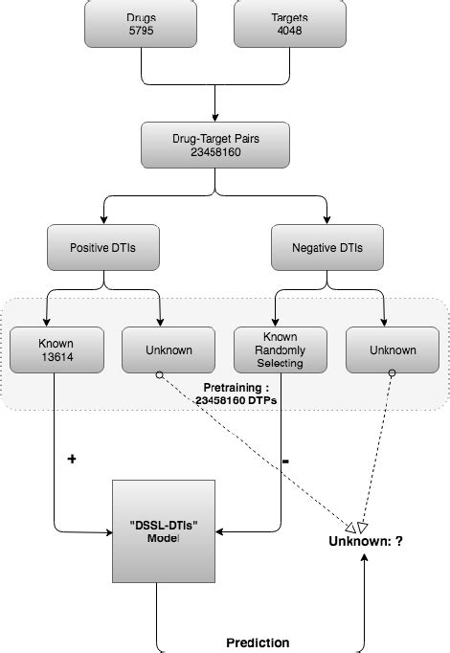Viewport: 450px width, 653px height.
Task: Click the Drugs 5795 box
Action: tap(142, 23)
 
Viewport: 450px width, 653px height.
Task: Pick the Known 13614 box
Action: tap(55, 349)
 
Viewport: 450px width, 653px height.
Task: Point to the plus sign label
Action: tap(71, 459)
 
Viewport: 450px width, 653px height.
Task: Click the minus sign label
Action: tap(286, 461)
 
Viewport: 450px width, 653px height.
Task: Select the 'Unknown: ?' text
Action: tap(366, 541)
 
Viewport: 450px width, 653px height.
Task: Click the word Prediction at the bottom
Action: tap(258, 642)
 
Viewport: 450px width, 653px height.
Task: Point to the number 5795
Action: tap(142, 31)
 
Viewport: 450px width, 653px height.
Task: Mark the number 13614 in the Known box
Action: tap(55, 357)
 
